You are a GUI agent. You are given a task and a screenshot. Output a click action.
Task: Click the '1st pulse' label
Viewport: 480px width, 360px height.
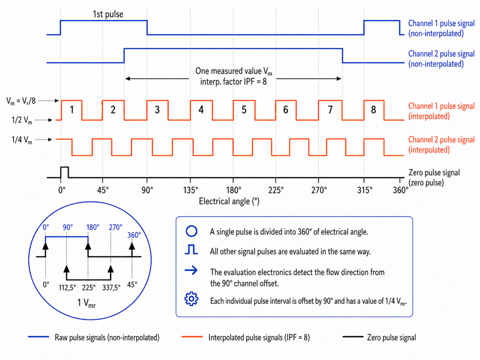click(108, 14)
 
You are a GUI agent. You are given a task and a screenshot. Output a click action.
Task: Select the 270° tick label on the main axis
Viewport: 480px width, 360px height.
click(319, 190)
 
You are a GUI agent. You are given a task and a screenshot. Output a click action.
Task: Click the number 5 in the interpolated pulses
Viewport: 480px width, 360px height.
click(244, 110)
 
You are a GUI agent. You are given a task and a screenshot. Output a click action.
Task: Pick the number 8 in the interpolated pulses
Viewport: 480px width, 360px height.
click(373, 110)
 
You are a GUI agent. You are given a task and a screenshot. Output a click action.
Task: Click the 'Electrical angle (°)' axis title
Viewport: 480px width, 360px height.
click(229, 202)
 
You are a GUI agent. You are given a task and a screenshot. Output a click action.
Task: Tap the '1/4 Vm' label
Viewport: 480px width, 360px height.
click(22, 140)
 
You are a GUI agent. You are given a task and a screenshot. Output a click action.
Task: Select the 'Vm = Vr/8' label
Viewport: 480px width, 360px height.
click(21, 101)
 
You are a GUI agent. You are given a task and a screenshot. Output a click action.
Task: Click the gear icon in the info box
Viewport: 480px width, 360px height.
click(191, 299)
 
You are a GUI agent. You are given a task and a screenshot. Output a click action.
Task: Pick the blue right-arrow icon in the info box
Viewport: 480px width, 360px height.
click(191, 270)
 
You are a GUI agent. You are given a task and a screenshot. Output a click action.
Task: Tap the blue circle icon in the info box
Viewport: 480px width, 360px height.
click(191, 231)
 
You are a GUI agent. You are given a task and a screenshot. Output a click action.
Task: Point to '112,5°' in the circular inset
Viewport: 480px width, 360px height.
click(67, 288)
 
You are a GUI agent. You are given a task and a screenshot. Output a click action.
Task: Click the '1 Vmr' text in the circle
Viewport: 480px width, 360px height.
click(86, 303)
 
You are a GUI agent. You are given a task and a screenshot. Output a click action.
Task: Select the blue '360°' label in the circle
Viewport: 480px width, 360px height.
click(134, 235)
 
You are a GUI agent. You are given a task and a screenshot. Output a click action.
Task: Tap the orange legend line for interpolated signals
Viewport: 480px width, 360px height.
click(192, 337)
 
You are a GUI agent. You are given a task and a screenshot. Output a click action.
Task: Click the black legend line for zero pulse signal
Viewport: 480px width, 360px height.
click(353, 337)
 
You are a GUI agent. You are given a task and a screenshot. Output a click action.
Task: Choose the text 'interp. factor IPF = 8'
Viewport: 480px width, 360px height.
click(233, 82)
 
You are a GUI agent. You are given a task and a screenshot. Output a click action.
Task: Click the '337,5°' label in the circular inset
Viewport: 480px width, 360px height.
click(111, 288)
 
